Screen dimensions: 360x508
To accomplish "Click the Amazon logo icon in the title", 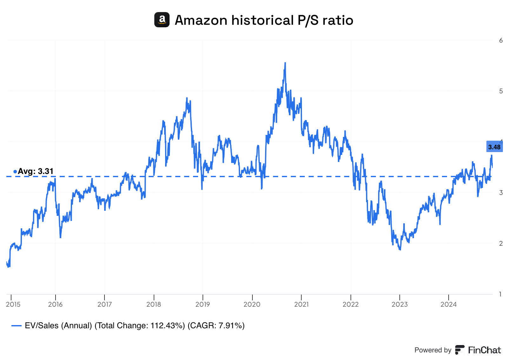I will (162, 20).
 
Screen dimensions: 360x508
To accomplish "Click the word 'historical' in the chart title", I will (262, 20).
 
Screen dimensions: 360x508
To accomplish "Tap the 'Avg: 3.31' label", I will (35, 171).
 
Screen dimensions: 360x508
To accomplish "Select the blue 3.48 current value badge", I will (494, 147).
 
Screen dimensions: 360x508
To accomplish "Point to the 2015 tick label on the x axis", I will (13, 304).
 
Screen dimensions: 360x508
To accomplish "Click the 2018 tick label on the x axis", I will (154, 304).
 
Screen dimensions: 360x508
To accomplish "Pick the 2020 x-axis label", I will (252, 304).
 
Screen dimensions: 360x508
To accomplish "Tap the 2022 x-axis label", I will (351, 304).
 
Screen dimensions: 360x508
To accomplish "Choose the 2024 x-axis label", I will (448, 304).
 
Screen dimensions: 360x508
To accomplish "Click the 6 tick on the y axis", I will (501, 40).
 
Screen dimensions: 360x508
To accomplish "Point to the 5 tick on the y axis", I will (501, 91).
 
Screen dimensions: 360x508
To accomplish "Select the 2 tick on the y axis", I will (501, 243).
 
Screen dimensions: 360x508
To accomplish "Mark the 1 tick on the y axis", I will (501, 294).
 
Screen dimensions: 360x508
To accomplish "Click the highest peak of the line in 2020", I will (285, 63).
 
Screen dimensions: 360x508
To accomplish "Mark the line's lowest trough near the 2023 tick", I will (400, 249).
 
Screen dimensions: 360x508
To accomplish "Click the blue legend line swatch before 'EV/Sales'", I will (17, 326).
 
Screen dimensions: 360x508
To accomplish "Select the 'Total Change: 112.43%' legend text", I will (140, 326).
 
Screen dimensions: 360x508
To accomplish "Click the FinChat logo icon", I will (459, 350).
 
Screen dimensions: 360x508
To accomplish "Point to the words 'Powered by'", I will (433, 350).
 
